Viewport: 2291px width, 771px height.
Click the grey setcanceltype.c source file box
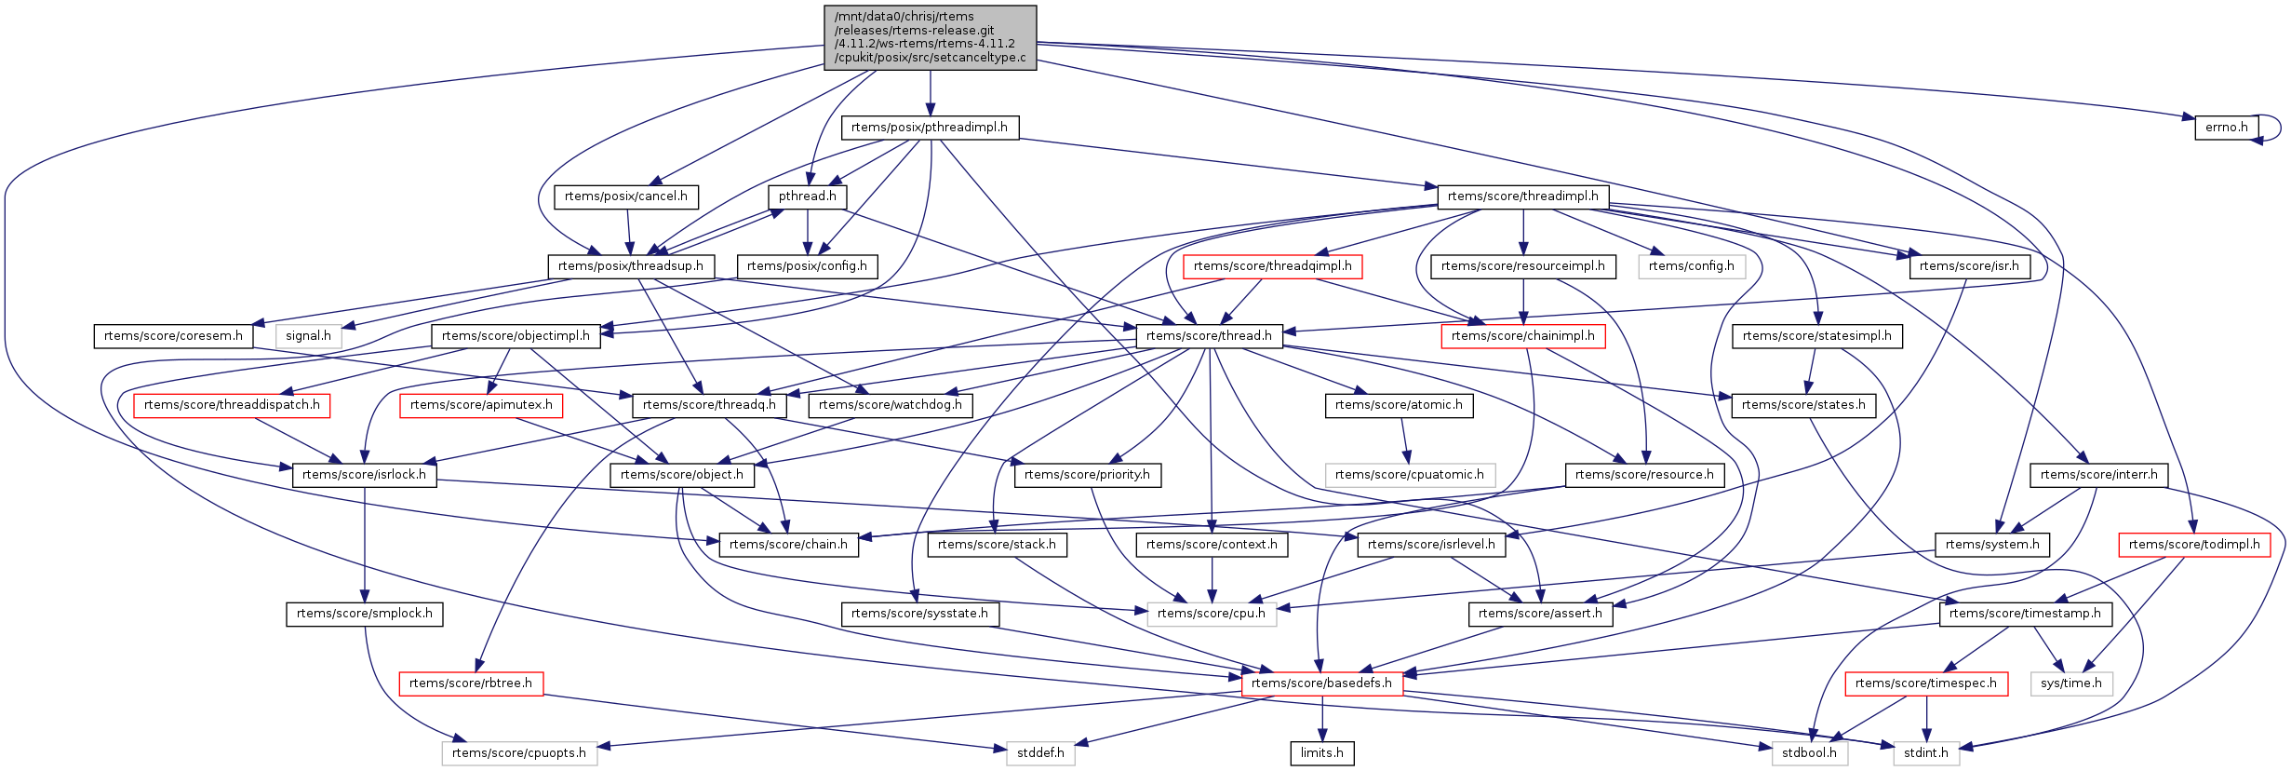pos(930,37)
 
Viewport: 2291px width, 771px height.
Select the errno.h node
pos(2223,128)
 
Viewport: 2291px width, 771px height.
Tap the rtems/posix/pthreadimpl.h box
pos(929,128)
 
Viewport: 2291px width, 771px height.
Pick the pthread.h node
pos(807,196)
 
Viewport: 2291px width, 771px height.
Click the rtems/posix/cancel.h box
pos(625,196)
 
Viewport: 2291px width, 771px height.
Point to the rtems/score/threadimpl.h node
pos(1522,196)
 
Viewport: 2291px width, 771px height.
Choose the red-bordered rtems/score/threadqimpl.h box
pos(1272,266)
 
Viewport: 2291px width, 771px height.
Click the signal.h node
pos(308,336)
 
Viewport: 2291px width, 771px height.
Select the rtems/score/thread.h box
pos(1208,336)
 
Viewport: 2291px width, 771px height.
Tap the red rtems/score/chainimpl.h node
pos(1522,336)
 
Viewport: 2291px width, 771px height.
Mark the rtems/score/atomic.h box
pos(1398,405)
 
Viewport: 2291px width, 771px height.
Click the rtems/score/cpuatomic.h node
pos(1409,475)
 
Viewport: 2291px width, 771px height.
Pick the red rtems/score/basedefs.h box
pos(1320,683)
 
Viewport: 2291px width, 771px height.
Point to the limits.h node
pos(1321,753)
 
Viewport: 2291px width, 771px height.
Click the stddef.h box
pos(1039,753)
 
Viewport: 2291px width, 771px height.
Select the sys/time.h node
pos(2070,683)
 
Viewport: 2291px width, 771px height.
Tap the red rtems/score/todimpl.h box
pos(2193,545)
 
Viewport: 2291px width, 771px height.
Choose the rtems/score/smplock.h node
pos(364,614)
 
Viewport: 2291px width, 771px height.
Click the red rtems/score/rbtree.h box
pos(470,683)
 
